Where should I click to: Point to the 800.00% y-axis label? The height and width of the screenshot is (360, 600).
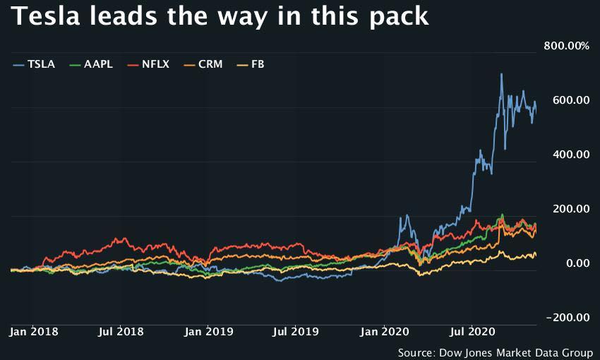pos(566,46)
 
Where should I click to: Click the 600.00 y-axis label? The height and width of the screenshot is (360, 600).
pos(572,100)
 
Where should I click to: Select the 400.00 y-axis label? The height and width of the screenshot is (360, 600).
pos(572,155)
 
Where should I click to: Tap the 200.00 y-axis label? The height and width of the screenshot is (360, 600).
pos(572,209)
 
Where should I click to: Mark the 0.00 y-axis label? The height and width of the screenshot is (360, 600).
pos(577,263)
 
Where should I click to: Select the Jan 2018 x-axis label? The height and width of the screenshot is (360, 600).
pos(35,330)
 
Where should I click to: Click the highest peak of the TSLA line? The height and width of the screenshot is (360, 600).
pos(501,74)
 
